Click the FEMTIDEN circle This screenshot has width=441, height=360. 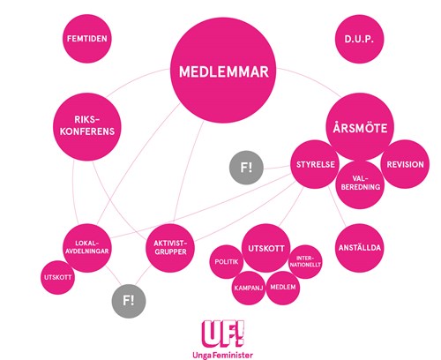point(87,39)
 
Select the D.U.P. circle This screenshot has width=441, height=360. point(359,39)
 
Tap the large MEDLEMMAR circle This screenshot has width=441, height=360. point(224,71)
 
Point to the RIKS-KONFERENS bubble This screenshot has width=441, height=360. point(87,127)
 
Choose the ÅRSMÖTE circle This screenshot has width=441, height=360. point(360,127)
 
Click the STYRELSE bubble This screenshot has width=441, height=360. point(315,164)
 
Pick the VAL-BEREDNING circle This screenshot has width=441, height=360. point(360,184)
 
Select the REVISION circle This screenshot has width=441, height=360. point(405,164)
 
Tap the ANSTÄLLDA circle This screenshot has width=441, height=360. point(359,248)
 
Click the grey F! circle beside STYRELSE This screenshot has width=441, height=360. point(246,168)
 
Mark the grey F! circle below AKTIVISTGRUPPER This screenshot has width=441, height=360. point(129,301)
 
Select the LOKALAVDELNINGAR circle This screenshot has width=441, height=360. point(87,248)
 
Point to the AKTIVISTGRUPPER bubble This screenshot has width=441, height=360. point(170,248)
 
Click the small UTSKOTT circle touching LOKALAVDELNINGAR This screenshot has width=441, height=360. point(57,277)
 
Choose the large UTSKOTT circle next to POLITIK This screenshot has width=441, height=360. point(266,248)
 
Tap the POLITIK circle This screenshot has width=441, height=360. point(227,262)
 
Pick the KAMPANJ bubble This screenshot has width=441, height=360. point(249,288)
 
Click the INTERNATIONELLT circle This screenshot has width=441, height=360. point(305,262)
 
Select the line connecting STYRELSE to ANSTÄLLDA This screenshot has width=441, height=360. point(337,206)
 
